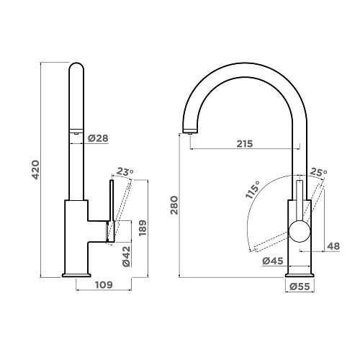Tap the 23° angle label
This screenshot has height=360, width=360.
(x=125, y=172)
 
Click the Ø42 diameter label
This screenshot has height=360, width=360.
(x=125, y=256)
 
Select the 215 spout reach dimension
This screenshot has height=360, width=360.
(x=243, y=144)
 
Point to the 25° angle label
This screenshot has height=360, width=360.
(x=318, y=173)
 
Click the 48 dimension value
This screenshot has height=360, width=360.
(x=333, y=246)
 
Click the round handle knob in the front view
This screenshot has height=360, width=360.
(x=300, y=233)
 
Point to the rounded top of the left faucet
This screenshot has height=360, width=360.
(x=77, y=68)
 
